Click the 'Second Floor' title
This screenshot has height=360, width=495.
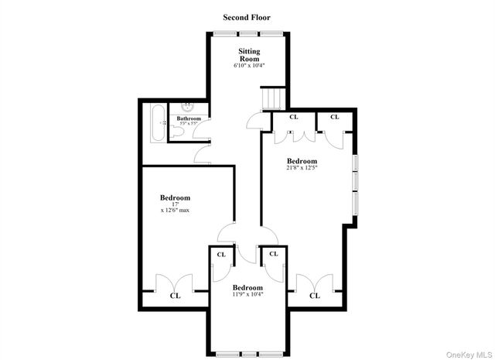[247, 17]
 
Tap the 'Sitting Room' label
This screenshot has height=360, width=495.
[248, 55]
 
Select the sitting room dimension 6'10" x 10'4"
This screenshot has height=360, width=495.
[248, 66]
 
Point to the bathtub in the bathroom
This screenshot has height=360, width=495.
[157, 122]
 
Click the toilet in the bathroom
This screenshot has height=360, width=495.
[177, 132]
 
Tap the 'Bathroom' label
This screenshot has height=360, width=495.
[188, 118]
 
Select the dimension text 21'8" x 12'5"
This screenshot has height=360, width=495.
[302, 168]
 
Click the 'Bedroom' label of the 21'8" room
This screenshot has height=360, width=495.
[302, 160]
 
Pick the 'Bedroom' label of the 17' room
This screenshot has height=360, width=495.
[176, 197]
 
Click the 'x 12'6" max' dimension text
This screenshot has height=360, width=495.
[176, 210]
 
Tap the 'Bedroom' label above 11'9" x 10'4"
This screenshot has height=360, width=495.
[247, 287]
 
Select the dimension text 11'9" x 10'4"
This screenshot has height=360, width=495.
[247, 294]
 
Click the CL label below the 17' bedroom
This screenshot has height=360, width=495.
[175, 295]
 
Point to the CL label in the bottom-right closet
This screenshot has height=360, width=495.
[315, 295]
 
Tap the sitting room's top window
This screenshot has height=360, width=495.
[248, 33]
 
